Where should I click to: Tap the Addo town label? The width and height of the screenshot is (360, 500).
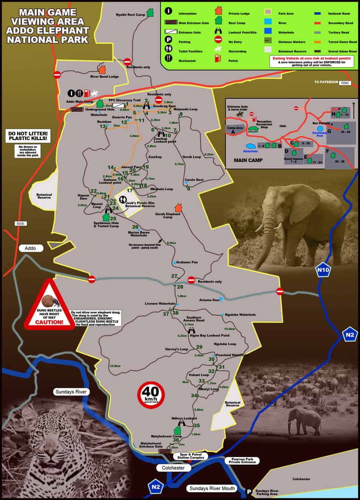(30, 248)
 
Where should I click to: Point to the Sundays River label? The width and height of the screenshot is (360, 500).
(70, 392)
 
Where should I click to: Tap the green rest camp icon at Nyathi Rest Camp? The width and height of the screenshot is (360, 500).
(150, 12)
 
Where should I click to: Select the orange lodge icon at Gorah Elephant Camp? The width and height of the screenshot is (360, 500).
(178, 208)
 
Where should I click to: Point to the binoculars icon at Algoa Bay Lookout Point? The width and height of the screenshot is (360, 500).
(191, 331)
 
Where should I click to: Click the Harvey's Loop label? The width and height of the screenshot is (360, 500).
(176, 349)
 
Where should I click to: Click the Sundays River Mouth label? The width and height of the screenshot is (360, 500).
(212, 488)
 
